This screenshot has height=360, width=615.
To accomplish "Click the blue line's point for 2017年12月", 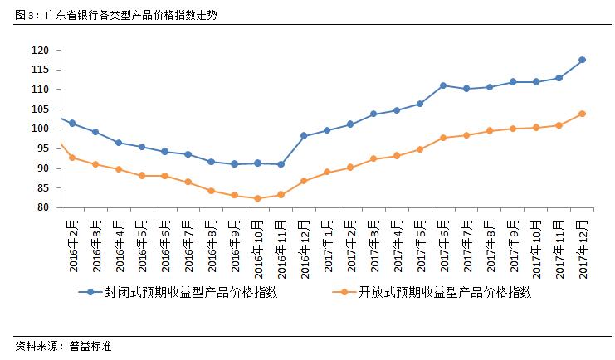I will click(x=582, y=60).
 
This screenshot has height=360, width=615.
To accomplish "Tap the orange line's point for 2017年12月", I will click(x=582, y=114).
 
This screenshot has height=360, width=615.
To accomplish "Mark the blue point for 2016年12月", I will click(x=304, y=135).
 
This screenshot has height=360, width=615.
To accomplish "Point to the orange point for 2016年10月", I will click(x=257, y=198).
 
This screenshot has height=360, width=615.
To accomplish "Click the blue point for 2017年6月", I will click(x=443, y=85).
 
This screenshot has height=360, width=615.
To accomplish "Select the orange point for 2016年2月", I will click(x=72, y=158).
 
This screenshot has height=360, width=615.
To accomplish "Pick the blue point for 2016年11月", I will click(x=281, y=164).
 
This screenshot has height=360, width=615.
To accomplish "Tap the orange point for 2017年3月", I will click(x=373, y=158).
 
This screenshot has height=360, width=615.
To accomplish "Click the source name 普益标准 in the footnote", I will click(x=89, y=346).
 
